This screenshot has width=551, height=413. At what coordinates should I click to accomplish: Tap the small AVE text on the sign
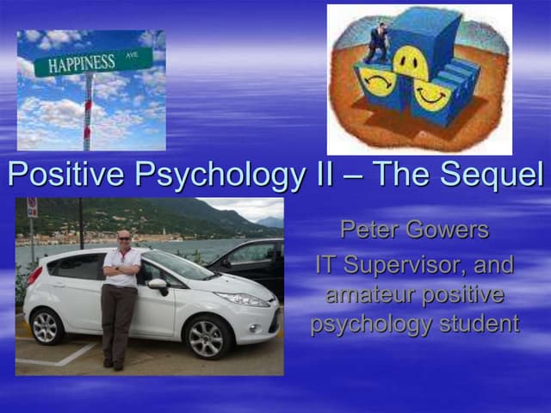131,54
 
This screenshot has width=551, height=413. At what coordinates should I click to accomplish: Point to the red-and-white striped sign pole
87,112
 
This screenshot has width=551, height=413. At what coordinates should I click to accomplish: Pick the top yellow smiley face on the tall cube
412,62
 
